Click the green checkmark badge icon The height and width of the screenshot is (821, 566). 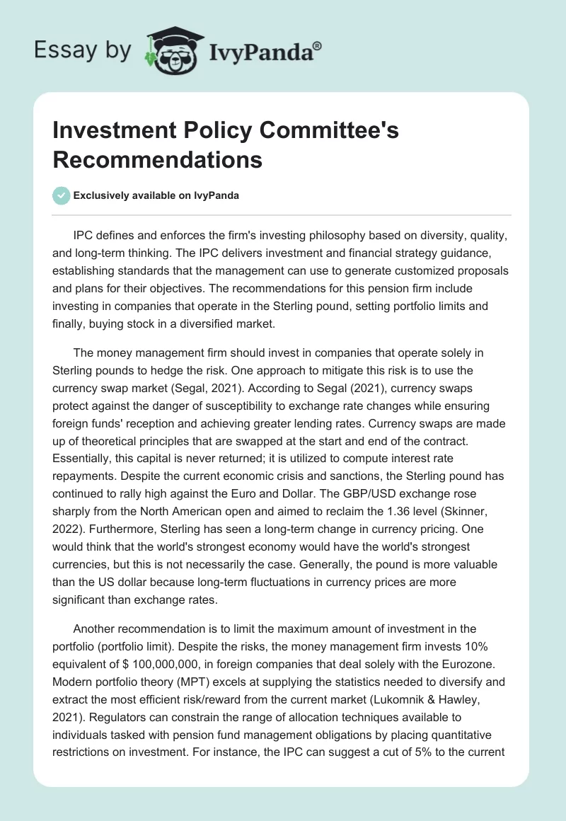[x=62, y=195]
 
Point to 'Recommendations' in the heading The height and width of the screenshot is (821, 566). [x=157, y=159]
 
